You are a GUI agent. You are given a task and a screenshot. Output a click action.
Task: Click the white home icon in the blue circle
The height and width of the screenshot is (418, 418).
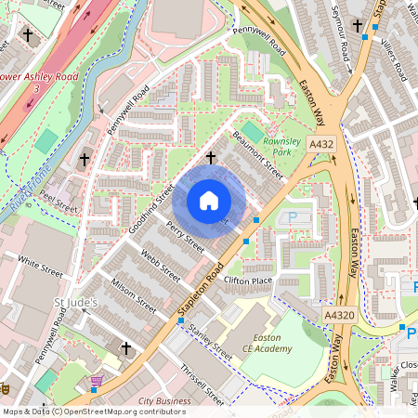tap(209, 201)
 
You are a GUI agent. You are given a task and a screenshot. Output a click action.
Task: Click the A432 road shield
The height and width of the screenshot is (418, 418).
tap(322, 144)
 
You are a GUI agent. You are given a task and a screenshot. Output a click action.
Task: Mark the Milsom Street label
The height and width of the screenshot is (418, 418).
tap(134, 291)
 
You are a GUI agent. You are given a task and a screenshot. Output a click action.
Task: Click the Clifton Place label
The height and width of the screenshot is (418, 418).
tap(248, 280)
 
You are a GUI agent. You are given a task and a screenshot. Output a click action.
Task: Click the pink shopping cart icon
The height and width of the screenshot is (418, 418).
tap(97, 381)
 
